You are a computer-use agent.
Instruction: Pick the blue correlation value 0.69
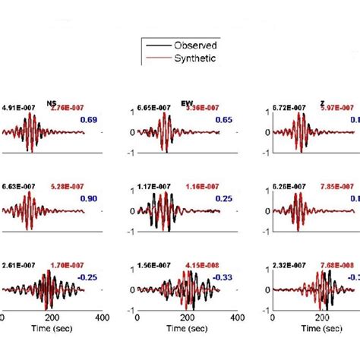point(91,121)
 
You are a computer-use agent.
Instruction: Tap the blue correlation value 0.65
point(224,121)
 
